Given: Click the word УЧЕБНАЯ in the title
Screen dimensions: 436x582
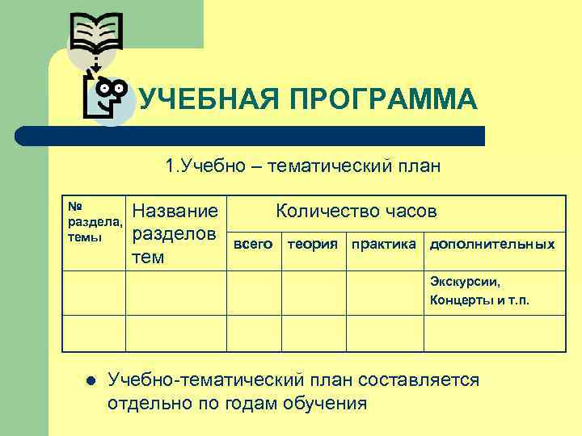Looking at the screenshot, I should (x=197, y=101).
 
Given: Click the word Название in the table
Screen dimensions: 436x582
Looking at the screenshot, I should (x=175, y=212).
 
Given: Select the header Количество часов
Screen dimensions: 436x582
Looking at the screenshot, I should (x=356, y=212).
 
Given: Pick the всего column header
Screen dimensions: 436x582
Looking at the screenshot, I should (x=253, y=243).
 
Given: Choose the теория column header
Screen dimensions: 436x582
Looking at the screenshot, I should (x=312, y=243).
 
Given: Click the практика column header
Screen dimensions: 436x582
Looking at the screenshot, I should (x=382, y=243).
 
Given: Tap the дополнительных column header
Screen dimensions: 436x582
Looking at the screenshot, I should (x=492, y=243).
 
